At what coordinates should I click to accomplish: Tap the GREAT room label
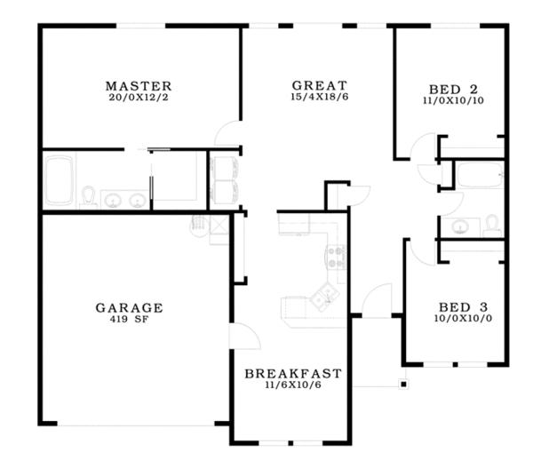(314, 86)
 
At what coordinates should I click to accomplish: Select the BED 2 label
(453, 89)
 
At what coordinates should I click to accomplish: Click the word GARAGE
(129, 308)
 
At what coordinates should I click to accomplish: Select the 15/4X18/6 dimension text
(314, 97)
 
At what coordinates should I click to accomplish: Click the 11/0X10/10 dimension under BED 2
(453, 100)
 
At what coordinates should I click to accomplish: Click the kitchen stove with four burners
(337, 258)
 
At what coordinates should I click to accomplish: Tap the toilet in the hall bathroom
(490, 225)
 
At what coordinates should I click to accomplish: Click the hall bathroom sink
(459, 226)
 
